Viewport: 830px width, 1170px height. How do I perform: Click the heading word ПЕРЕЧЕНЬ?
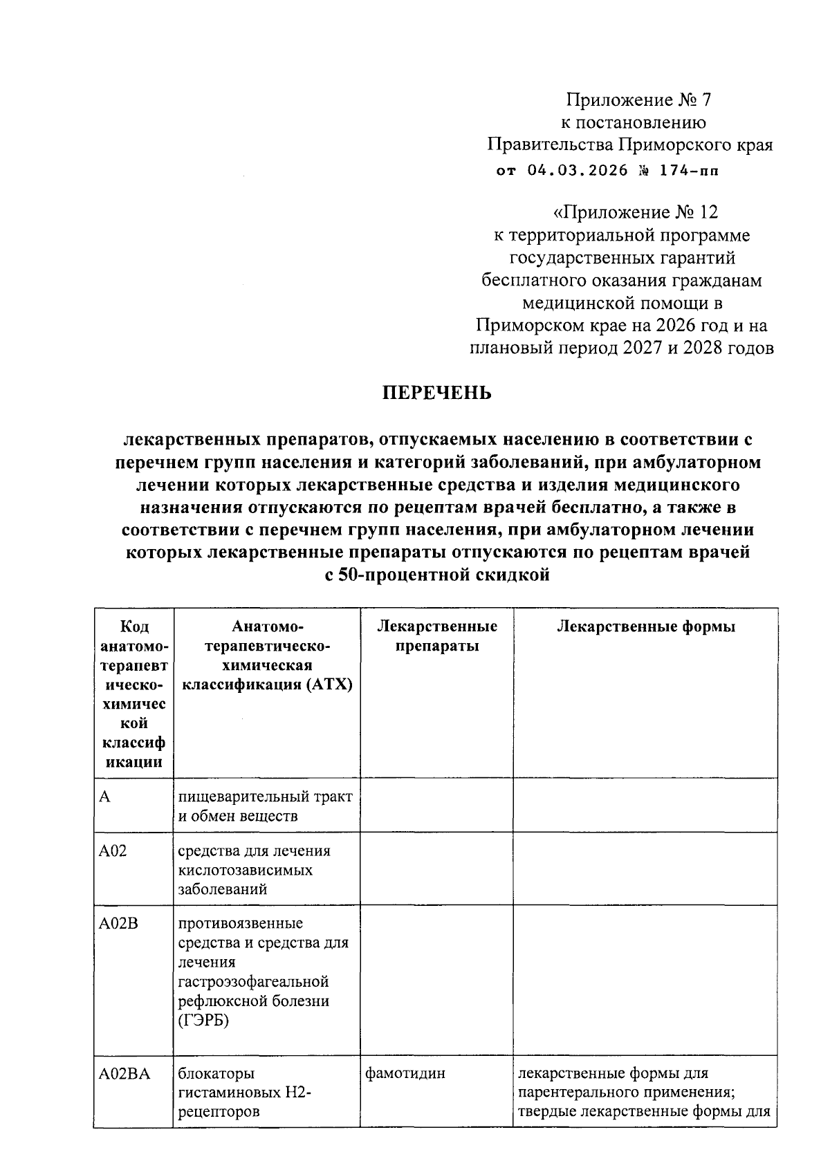coord(437,393)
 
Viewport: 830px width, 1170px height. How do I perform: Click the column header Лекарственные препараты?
coord(437,636)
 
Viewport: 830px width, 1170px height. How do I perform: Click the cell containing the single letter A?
coord(104,797)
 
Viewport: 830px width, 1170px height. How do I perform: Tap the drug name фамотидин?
coord(405,1074)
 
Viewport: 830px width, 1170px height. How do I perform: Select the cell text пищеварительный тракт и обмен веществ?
coord(266,806)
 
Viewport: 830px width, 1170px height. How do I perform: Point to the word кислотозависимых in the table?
coord(246,870)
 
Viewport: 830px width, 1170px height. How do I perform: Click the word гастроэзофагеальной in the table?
coord(252,982)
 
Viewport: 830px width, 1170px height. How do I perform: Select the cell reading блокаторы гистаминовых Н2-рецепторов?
coord(245,1093)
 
